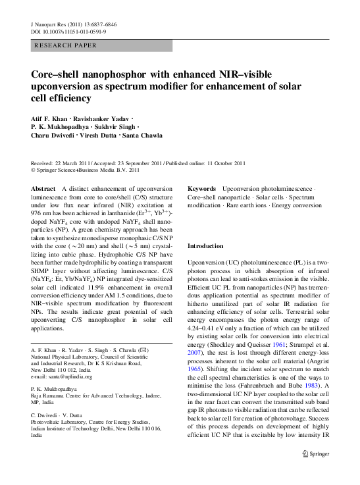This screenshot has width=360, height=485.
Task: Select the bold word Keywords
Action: (x=203, y=189)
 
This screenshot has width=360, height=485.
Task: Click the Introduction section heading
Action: (x=205, y=245)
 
